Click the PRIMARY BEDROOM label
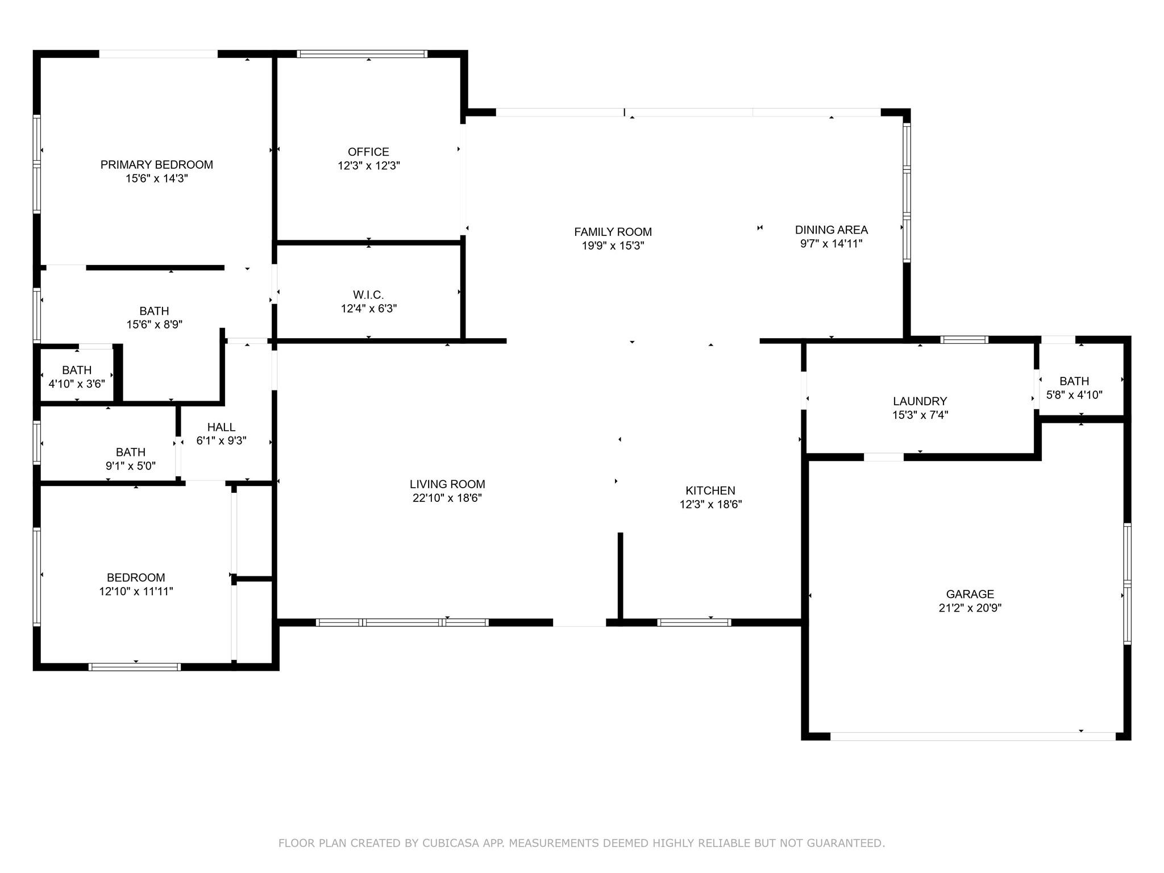[157, 165]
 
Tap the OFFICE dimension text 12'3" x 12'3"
[369, 166]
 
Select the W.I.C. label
[368, 295]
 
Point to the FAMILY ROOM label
[613, 232]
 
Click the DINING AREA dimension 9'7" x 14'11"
[831, 244]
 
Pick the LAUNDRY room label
[920, 401]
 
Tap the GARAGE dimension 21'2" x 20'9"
[970, 608]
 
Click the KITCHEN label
[710, 490]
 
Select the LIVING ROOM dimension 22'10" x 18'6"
[447, 498]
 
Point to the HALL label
[221, 427]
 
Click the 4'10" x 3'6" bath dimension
[77, 384]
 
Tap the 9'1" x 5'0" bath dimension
[130, 466]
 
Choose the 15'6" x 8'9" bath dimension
[154, 325]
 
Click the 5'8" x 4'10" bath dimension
[1074, 395]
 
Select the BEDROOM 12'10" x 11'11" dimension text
[136, 592]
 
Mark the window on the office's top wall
[362, 54]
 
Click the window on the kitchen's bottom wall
[694, 622]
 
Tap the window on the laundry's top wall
[965, 340]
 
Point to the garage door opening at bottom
[973, 737]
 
